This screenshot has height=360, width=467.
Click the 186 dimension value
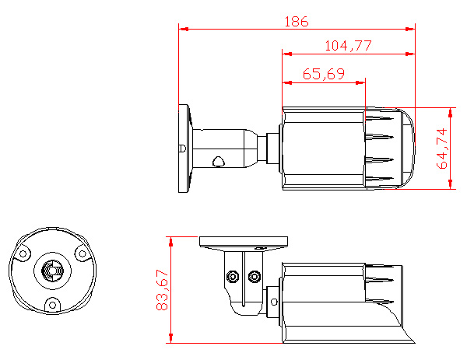[297, 22]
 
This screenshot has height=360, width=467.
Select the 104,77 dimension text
[348, 46]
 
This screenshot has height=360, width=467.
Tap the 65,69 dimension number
[324, 74]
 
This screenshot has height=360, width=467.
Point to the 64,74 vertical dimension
[442, 149]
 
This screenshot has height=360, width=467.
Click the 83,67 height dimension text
[163, 290]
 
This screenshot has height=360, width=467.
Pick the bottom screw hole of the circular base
[52, 305]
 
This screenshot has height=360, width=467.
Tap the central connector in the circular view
[52, 271]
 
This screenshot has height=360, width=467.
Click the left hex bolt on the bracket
[233, 276]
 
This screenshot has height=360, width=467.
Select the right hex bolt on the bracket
[255, 276]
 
